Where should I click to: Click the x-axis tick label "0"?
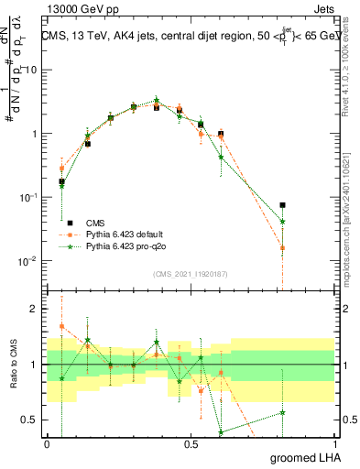point(48,444)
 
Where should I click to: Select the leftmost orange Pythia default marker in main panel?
point(61,169)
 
